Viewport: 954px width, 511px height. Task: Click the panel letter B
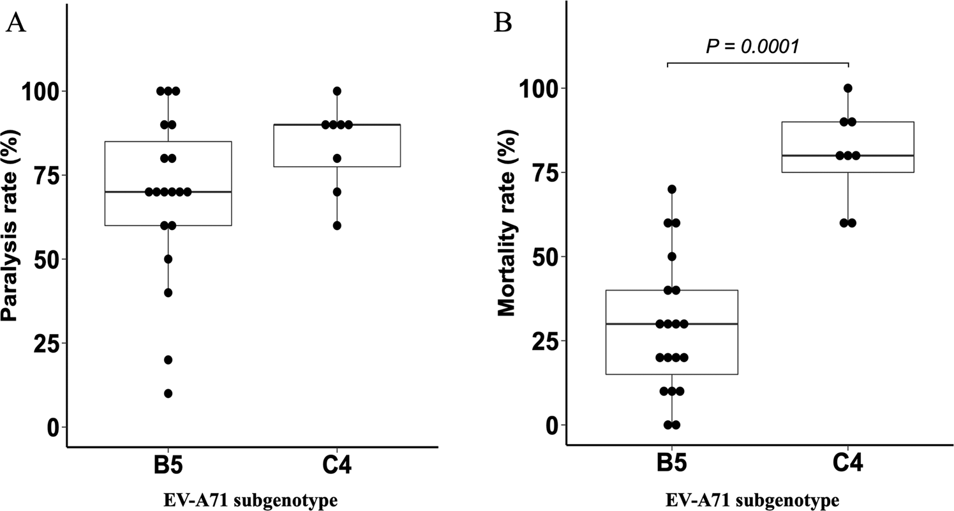tap(503, 24)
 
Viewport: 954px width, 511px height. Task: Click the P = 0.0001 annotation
tap(753, 46)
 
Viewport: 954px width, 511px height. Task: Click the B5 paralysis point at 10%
tap(168, 393)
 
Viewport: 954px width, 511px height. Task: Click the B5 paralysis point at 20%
tap(168, 360)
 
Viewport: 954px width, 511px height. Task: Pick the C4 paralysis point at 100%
tap(337, 91)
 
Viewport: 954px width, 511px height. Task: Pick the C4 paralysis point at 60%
tap(337, 225)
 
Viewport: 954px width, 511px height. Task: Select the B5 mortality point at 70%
tap(671, 189)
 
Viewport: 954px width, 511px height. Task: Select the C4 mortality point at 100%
tap(848, 88)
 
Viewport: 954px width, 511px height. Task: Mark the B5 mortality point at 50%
tap(671, 256)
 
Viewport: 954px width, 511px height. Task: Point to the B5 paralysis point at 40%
tap(168, 293)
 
